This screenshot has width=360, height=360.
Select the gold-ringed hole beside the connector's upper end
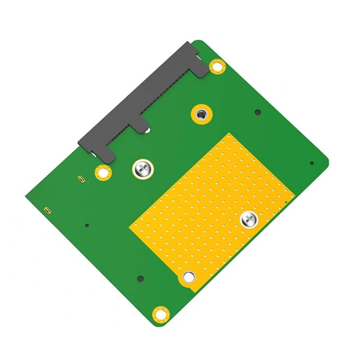(217, 67)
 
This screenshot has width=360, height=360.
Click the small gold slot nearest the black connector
(80, 179)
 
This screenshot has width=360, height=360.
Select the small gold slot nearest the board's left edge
(47, 210)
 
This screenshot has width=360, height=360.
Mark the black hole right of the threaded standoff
(257, 112)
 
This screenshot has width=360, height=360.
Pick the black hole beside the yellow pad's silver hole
(140, 278)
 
